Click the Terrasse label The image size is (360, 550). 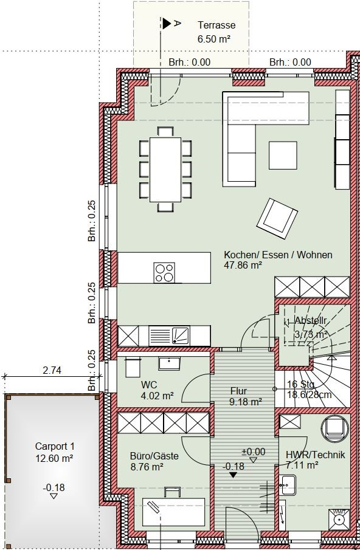[x=216, y=26]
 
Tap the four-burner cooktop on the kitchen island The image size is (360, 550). [x=164, y=272]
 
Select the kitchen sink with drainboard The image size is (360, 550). [x=169, y=335]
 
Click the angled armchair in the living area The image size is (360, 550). [x=277, y=219]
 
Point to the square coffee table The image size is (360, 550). [x=283, y=156]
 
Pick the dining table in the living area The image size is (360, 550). [x=165, y=170]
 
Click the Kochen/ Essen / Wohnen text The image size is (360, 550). [x=278, y=255]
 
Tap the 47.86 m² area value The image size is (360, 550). [x=243, y=266]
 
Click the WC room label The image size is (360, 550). [x=149, y=385]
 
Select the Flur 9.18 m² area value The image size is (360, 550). [x=246, y=402]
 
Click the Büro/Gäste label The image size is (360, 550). [x=154, y=456]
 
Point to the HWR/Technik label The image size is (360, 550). [x=316, y=455]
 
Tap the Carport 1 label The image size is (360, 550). [x=55, y=447]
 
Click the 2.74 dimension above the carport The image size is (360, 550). [x=52, y=370]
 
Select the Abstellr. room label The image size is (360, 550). [x=311, y=320]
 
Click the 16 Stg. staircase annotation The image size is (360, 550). [x=301, y=384]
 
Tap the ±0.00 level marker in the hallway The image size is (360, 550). [x=254, y=452]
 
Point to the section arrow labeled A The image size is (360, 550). [x=167, y=24]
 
